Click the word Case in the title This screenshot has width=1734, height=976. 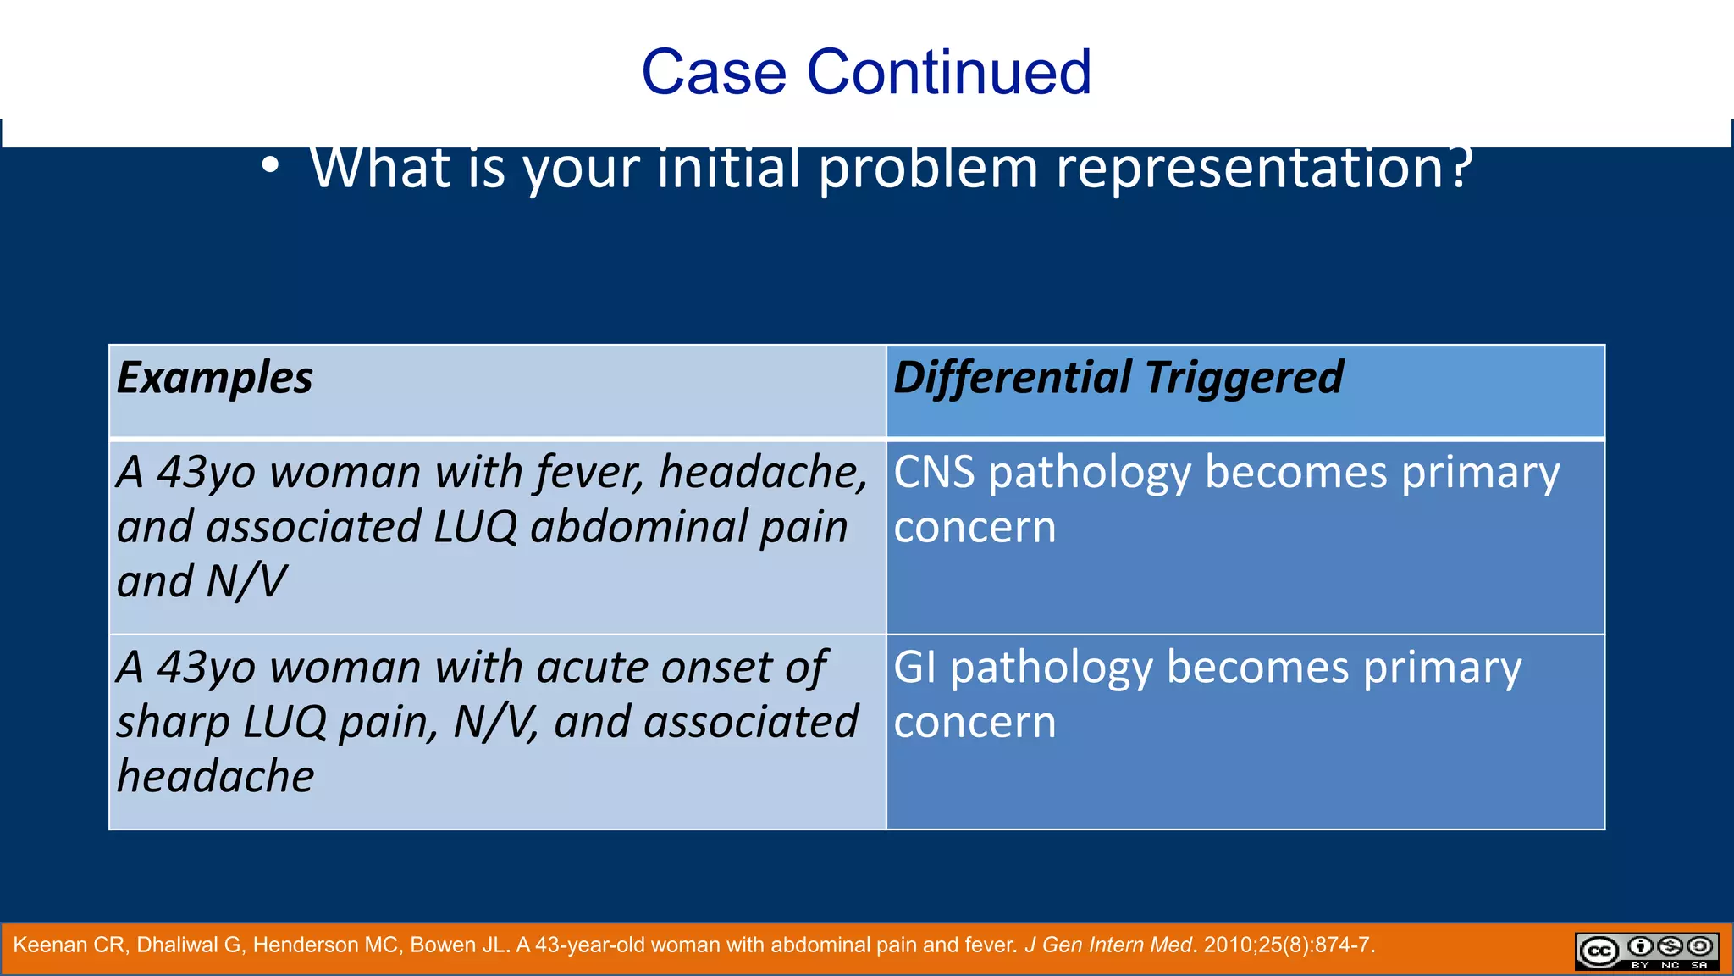714,72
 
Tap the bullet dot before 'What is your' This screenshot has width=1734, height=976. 269,167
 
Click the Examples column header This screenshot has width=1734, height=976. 215,378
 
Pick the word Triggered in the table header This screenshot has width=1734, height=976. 1244,378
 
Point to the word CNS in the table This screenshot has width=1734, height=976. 934,472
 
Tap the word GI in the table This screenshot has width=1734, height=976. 914,667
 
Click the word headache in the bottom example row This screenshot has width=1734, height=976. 215,776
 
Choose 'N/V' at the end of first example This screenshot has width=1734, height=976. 246,582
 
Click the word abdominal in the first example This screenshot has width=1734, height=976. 638,527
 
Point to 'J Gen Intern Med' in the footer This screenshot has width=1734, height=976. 1107,945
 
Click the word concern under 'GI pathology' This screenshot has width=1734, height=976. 975,723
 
